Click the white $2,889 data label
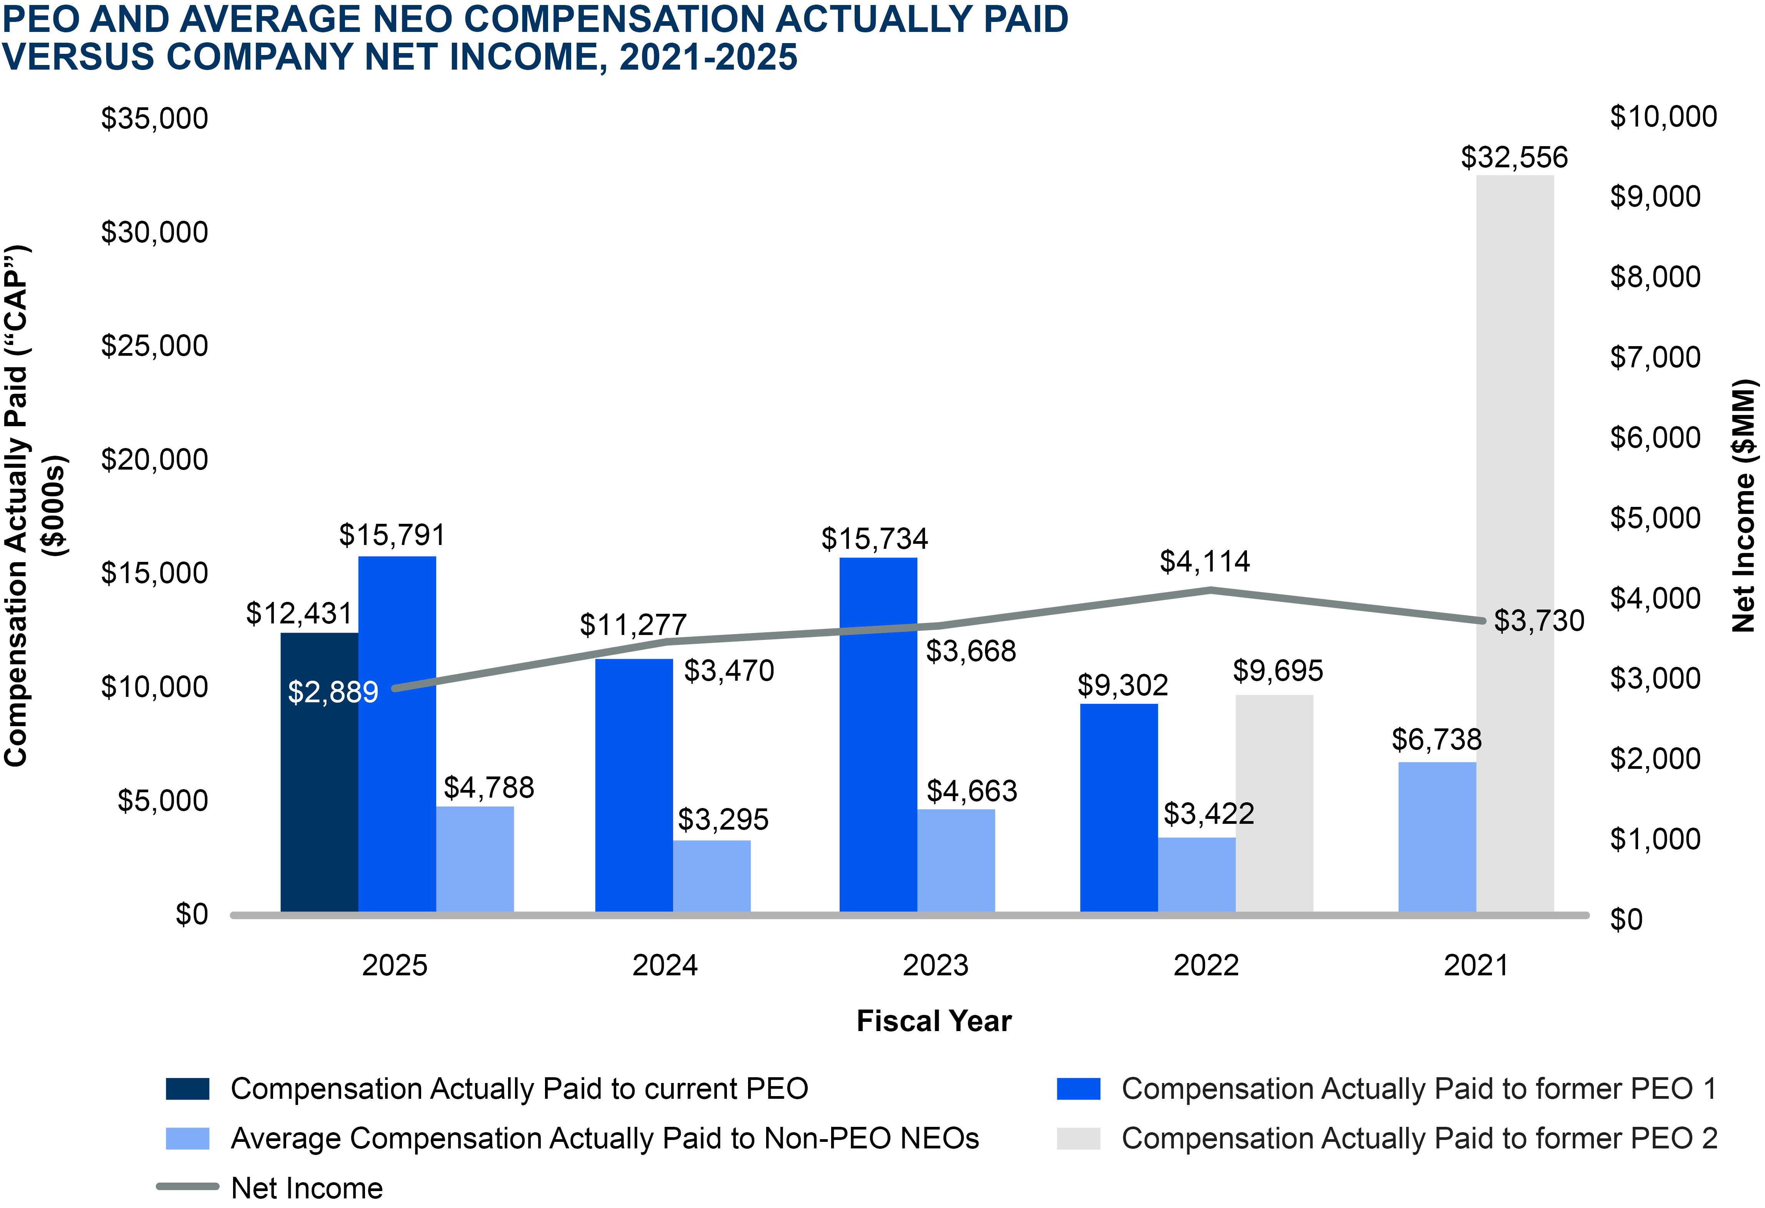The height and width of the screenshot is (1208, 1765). click(x=333, y=692)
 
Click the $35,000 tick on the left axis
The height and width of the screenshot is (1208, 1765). click(x=154, y=118)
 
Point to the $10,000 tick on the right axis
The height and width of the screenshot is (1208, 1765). click(x=1663, y=117)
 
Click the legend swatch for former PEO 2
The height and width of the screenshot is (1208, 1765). click(x=1078, y=1138)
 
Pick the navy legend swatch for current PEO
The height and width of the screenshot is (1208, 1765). click(x=188, y=1088)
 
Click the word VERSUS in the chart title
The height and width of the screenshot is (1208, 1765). click(x=78, y=57)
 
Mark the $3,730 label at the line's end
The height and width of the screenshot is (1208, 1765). click(x=1539, y=620)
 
